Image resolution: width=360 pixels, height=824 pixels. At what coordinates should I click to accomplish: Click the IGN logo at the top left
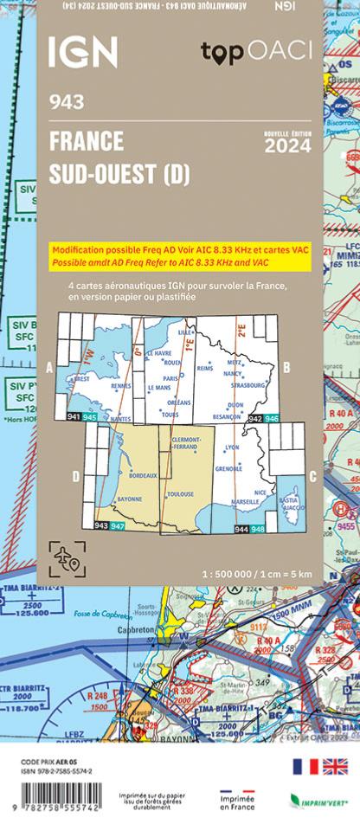point(82,53)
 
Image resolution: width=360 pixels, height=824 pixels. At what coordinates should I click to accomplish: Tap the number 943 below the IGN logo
point(67,102)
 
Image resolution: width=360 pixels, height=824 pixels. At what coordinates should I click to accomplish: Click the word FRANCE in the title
point(87,140)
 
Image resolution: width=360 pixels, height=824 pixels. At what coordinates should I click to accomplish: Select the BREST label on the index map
point(82,379)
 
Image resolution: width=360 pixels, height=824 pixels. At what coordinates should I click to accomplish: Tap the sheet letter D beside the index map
point(76,476)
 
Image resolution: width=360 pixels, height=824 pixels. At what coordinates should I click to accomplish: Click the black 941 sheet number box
point(73,417)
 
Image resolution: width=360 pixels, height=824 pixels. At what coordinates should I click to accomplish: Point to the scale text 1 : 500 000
point(228,574)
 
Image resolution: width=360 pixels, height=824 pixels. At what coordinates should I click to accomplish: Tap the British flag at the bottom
point(335,766)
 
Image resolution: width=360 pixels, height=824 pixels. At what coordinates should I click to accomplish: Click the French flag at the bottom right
point(305,766)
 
